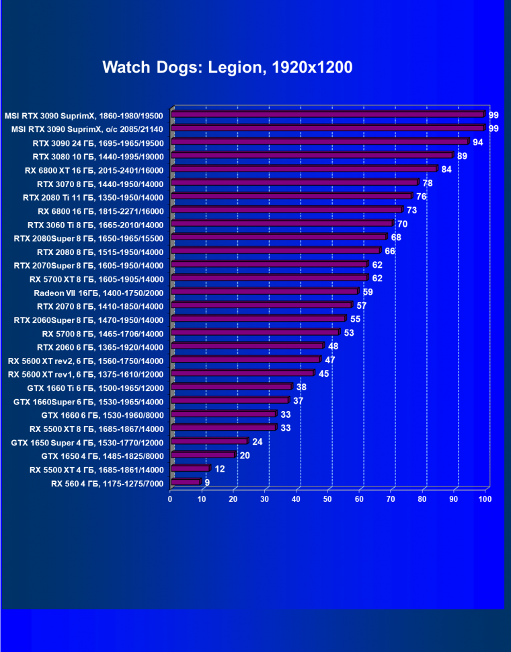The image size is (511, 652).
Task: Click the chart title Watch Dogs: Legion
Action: pos(227,67)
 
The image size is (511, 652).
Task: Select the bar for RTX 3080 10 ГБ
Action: pos(313,155)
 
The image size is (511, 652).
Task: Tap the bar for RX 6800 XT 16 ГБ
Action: pos(305,170)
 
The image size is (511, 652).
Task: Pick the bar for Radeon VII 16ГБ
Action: pos(266,292)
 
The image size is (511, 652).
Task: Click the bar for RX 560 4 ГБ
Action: pos(186,482)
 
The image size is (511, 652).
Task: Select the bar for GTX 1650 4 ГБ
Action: pos(204,456)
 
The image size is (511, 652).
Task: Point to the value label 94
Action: pos(478,142)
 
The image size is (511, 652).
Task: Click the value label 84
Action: pos(446,169)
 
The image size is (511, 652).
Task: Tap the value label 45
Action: pos(323,373)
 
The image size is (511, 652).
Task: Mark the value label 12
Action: pos(220,469)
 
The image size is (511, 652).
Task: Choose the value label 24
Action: pos(258,441)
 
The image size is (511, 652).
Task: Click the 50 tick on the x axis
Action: pos(328,499)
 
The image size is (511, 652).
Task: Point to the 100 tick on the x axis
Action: pos(485,499)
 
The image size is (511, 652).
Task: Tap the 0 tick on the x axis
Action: pos(171,499)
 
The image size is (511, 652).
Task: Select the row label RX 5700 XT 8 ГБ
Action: pos(97,279)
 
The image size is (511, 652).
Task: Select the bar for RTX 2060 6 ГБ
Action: pos(247,347)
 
